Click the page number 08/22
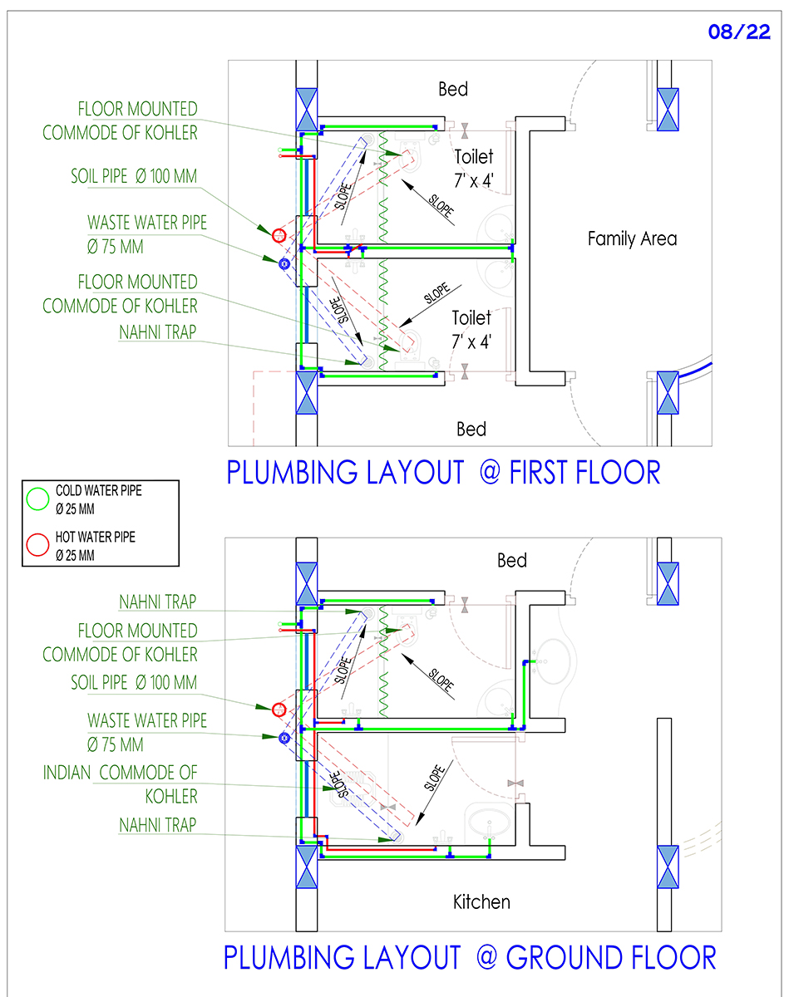point(739,32)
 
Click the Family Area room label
point(633,239)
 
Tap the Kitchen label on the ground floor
point(481,902)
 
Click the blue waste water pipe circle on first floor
point(284,264)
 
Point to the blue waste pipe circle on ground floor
point(284,738)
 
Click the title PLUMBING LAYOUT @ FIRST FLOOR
point(443,473)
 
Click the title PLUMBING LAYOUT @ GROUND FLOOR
point(470,958)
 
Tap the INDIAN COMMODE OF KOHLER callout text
point(120,784)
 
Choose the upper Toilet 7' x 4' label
point(474,169)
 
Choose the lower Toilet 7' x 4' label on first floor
point(471,330)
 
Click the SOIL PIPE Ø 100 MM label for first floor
point(134,176)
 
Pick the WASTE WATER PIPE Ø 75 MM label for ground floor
point(147,733)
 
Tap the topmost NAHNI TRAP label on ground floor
point(158,602)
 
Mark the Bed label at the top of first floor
point(453,90)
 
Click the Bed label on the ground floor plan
point(512,561)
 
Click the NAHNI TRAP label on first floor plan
point(158,332)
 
